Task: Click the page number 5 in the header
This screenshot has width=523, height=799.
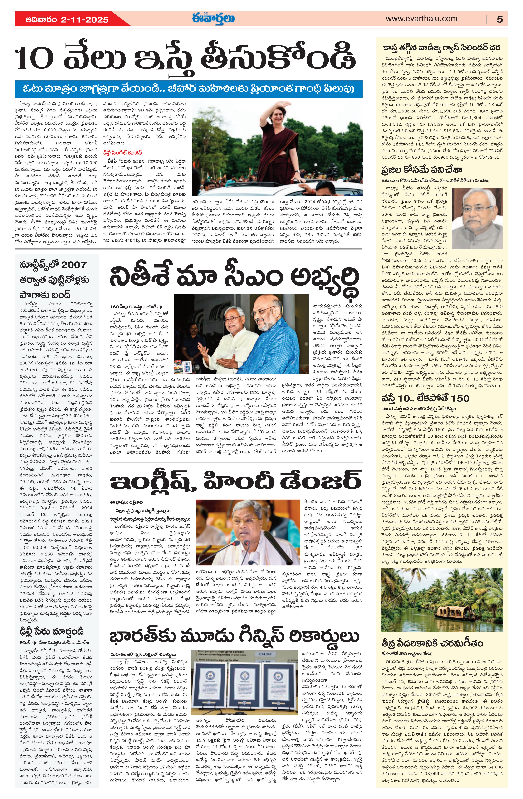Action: pos(499,19)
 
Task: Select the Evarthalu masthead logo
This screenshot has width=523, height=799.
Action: pos(213,19)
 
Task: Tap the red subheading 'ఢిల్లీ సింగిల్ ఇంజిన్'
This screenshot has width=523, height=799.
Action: pos(123,152)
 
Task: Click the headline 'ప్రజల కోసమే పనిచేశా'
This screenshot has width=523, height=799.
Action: pos(422,170)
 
